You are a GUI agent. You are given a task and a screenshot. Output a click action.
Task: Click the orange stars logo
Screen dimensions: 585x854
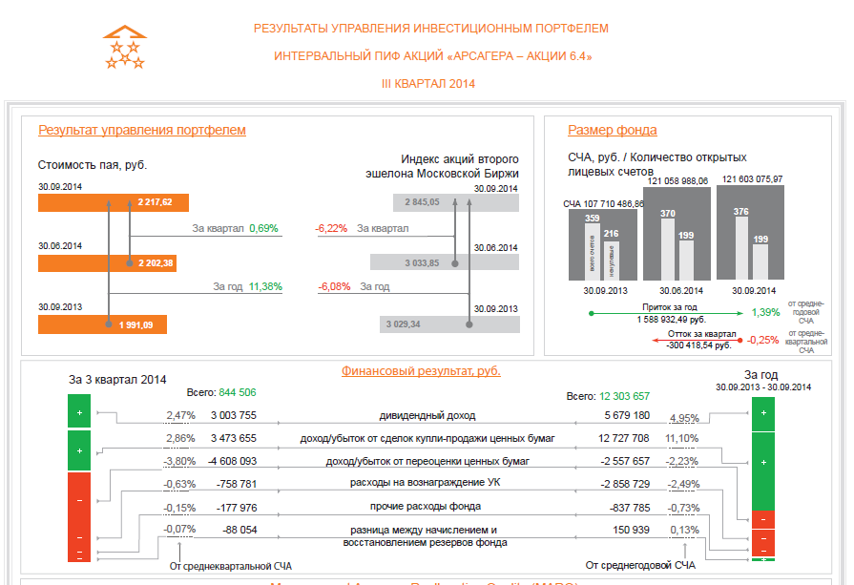point(125,48)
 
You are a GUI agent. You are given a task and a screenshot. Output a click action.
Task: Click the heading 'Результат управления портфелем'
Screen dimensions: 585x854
point(142,131)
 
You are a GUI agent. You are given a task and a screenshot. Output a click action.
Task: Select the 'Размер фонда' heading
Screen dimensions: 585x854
point(613,131)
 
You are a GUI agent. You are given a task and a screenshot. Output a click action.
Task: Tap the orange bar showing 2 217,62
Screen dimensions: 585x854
point(114,202)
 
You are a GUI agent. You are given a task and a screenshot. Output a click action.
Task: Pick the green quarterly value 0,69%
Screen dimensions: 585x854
point(263,229)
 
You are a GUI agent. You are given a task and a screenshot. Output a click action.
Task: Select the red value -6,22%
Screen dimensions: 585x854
point(331,229)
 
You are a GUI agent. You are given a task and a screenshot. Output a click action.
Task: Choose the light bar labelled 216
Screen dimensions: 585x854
point(613,256)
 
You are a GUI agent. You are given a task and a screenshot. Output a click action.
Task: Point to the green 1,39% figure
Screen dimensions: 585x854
point(765,312)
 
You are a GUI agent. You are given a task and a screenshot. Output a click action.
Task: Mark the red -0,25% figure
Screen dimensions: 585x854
point(762,340)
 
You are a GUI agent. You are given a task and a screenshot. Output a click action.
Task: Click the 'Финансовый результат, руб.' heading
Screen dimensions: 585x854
point(421,371)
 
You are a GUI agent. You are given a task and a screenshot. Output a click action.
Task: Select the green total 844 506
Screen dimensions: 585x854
point(238,392)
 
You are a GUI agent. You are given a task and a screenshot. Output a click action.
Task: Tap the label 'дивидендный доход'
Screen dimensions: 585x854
point(427,416)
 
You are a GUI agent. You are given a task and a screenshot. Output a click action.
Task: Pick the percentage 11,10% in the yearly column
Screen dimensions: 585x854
point(682,438)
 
